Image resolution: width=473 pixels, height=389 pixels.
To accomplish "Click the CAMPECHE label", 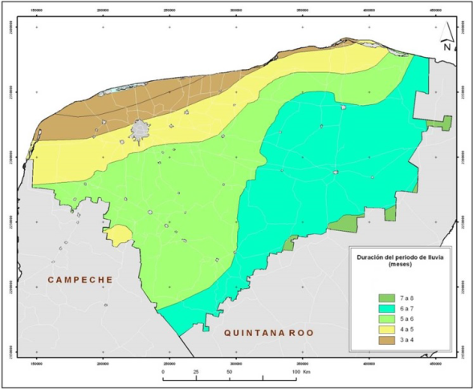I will click(x=80, y=279).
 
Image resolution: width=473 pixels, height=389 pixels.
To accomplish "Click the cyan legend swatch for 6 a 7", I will click(x=385, y=310).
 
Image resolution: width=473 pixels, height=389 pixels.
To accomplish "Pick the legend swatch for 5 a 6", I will click(x=385, y=320).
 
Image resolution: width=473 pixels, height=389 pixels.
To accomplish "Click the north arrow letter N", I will click(x=447, y=47).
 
